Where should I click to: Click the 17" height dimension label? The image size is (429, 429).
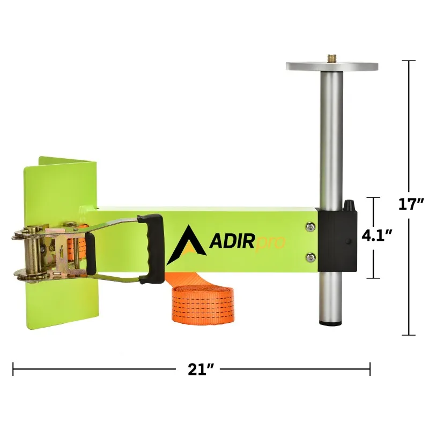tap(411, 204)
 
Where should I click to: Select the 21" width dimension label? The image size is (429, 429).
tap(201, 369)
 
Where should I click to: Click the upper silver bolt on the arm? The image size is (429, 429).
tap(310, 227)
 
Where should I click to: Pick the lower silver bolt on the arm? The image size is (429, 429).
tap(310, 258)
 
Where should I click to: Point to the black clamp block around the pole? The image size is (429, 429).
tap(336, 241)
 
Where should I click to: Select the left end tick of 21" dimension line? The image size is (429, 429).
tap(13, 368)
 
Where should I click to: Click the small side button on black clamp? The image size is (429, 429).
tap(348, 242)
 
